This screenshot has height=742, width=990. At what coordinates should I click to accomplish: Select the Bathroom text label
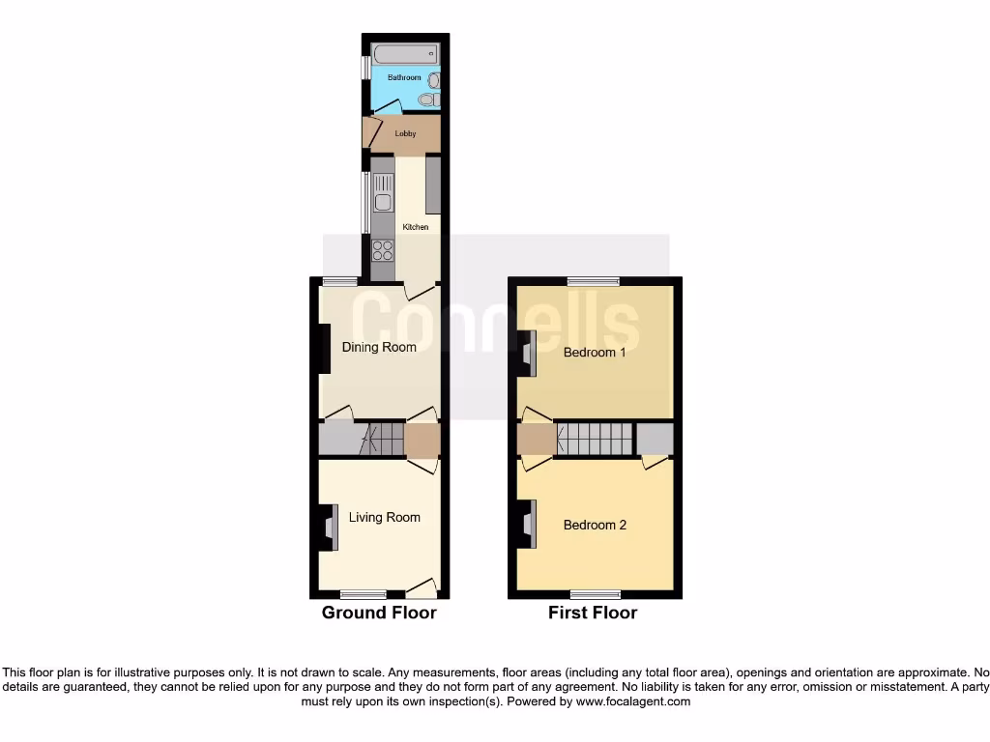404,76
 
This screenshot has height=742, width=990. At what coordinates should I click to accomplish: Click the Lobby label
405,133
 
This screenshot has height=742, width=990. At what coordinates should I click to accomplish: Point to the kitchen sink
383,202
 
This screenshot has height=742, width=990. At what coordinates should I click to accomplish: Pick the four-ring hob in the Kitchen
383,249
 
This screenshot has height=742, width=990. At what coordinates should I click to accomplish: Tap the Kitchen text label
416,227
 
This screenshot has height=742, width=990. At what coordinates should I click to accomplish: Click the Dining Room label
379,347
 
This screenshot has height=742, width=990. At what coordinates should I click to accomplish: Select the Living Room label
385,517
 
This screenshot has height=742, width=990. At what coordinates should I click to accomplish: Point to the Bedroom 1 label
595,353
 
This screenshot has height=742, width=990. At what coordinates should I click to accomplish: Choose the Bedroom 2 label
595,525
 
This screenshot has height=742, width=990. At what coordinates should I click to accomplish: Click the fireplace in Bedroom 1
527,354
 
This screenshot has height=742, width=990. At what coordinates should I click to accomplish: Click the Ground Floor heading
379,613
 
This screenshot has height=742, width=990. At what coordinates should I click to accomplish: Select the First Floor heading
593,613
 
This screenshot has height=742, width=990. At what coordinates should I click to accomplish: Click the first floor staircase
594,440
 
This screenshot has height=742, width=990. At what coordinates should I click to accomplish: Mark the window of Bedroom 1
594,281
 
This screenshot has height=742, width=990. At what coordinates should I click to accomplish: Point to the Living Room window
364,594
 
